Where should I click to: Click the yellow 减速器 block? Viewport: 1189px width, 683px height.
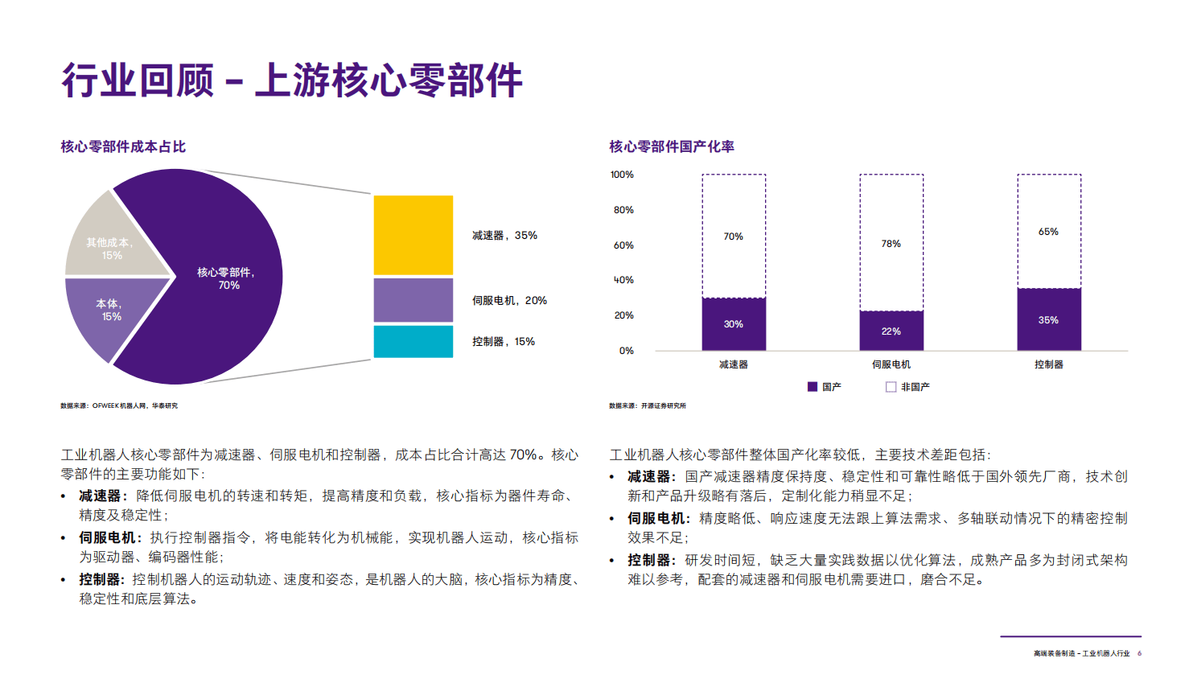click(413, 235)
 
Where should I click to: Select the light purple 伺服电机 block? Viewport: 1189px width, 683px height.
click(413, 300)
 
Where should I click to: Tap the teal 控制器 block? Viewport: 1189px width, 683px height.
click(413, 341)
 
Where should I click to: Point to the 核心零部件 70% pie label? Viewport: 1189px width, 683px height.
click(226, 278)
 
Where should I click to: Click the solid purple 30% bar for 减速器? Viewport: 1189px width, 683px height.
click(733, 324)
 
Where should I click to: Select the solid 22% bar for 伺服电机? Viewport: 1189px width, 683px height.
click(891, 331)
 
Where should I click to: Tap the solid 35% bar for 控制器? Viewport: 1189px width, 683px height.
click(1048, 319)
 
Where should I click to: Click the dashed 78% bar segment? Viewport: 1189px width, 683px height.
click(891, 243)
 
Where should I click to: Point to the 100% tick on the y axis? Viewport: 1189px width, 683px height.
click(622, 175)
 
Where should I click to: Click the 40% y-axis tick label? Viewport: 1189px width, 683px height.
click(623, 280)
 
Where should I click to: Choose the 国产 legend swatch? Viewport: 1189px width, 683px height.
click(813, 387)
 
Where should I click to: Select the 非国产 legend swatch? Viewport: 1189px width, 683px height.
click(891, 387)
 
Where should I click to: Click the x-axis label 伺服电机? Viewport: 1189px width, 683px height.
click(891, 364)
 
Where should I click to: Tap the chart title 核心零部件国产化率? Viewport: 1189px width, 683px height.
click(671, 146)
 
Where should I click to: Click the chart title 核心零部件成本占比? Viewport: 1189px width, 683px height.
click(123, 146)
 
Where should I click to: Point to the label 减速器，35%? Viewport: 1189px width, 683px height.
click(504, 236)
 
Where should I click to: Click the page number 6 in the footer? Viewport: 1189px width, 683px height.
click(1139, 653)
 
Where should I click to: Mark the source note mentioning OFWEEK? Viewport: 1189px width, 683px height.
click(119, 405)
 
